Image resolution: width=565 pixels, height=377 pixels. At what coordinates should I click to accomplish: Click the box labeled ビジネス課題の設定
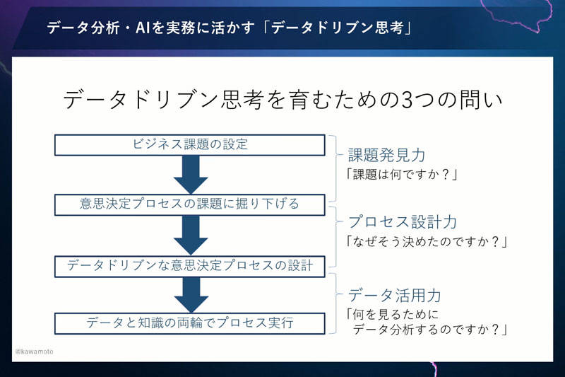190,145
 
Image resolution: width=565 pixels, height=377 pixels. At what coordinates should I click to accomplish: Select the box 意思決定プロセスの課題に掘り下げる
190,205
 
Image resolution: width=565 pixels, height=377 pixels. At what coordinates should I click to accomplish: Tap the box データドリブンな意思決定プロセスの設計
190,266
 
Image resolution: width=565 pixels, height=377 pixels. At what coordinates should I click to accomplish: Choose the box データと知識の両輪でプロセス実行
190,323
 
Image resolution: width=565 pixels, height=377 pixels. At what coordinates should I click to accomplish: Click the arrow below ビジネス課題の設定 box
191,175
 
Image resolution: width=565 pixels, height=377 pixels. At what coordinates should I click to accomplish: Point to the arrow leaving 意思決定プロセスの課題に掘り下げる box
191,236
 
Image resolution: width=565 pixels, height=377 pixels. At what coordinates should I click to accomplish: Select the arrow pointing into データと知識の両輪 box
191,295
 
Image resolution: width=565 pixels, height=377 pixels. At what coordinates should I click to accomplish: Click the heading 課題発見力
386,155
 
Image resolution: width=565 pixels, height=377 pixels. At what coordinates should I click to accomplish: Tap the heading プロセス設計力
403,222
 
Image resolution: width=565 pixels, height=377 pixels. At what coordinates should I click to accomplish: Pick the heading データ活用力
395,296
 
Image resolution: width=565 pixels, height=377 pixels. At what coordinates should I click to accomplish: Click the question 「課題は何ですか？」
401,175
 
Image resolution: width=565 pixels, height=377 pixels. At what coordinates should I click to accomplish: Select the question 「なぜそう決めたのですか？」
427,241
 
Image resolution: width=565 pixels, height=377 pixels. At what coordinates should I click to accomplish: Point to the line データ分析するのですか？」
430,330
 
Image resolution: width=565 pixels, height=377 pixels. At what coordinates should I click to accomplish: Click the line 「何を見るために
392,314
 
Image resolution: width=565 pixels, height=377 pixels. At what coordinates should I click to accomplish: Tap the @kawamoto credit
34,352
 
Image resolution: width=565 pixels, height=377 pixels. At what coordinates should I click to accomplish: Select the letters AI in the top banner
143,28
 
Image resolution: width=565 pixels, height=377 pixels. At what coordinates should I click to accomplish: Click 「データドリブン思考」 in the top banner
338,28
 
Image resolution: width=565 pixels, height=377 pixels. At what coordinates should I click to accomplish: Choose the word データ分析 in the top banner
83,28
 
